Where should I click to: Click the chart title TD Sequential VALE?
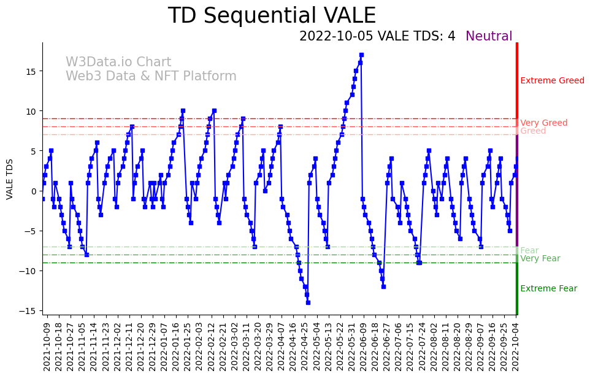tap(272, 16)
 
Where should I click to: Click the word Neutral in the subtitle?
tap(489, 36)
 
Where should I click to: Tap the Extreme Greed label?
tap(552, 80)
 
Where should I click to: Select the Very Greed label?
tap(543, 123)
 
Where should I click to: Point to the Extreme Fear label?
tap(548, 288)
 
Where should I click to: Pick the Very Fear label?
tap(540, 258)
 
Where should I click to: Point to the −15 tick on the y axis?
tap(29, 311)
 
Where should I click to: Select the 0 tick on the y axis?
tap(34, 191)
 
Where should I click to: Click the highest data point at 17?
tap(361, 55)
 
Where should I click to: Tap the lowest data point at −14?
tap(308, 302)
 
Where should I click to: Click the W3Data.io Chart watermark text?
tap(118, 62)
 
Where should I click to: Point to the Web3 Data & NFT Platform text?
tap(151, 76)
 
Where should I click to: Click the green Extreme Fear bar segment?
tap(517, 288)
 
